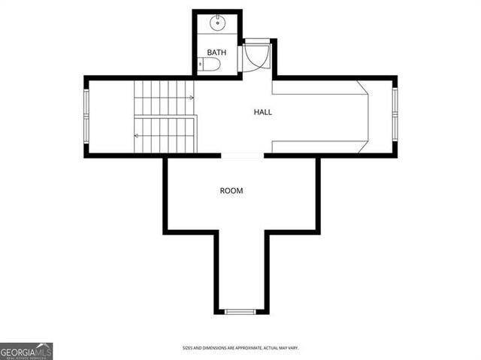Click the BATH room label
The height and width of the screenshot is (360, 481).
click(x=216, y=53)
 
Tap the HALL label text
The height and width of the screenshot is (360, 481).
click(x=262, y=112)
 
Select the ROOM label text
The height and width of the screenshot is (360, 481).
click(x=231, y=191)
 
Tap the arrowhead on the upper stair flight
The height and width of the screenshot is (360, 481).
click(x=192, y=98)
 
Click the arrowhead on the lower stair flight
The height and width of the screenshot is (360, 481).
click(x=137, y=136)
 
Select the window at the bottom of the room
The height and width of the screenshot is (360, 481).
click(x=240, y=311)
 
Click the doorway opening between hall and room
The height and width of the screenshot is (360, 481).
click(x=242, y=155)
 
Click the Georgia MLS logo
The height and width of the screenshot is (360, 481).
click(x=26, y=351)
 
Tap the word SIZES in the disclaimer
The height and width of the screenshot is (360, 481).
click(x=189, y=348)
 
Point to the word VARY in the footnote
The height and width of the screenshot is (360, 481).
click(x=313, y=348)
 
